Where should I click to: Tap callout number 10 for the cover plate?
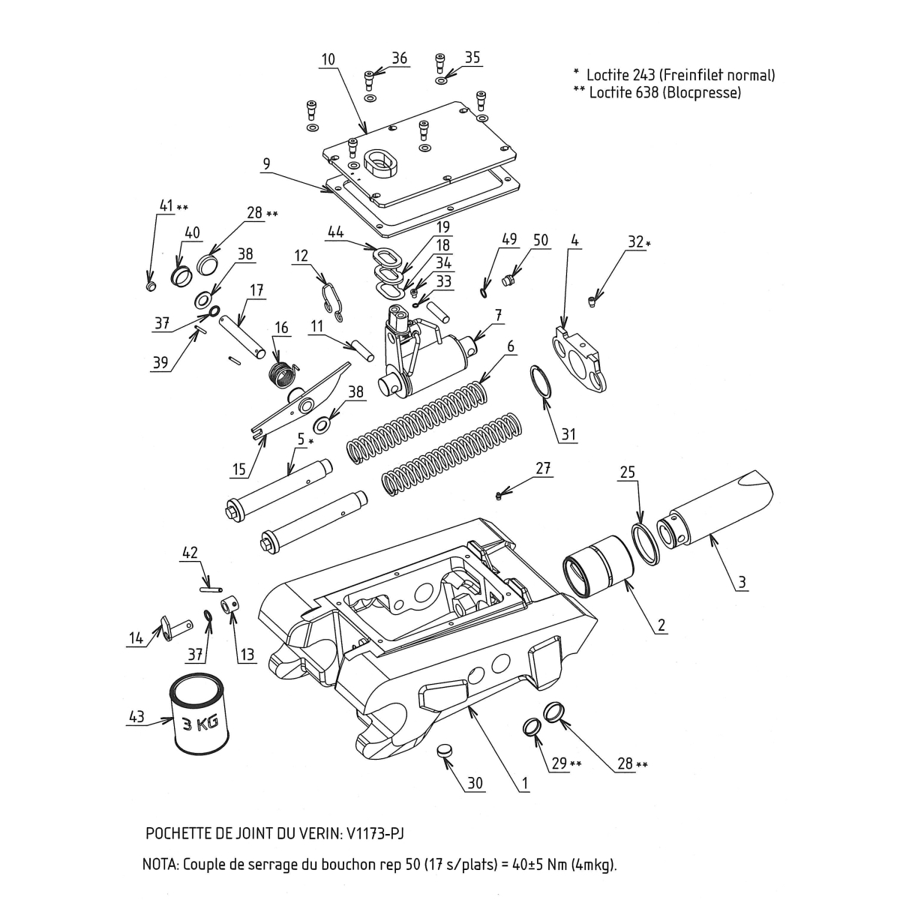[328, 58]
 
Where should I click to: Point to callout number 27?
[543, 468]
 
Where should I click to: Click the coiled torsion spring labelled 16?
[283, 373]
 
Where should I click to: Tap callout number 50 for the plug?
[540, 240]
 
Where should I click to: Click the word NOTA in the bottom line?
[159, 865]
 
